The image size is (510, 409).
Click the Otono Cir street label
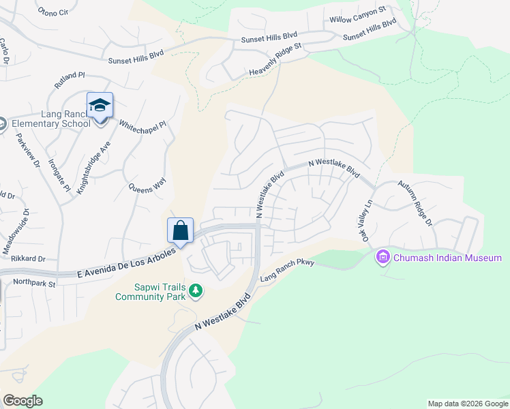tap(53, 11)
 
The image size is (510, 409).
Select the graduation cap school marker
tap(100, 106)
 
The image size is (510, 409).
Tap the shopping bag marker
tap(181, 230)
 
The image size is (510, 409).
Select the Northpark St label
tap(33, 282)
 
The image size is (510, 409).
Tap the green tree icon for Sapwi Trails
tap(196, 291)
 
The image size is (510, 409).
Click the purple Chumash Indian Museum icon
tap(382, 257)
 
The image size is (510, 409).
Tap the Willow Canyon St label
tap(358, 15)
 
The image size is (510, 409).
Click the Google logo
tap(22, 401)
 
